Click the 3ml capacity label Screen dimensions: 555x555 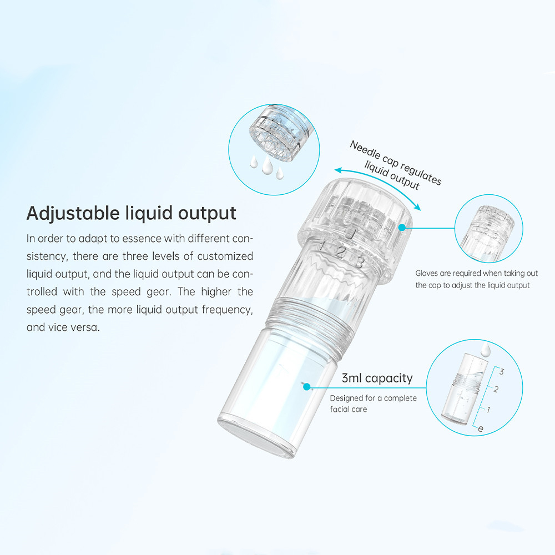[377, 379]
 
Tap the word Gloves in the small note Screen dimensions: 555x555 [427, 273]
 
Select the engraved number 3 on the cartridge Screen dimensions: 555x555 [359, 262]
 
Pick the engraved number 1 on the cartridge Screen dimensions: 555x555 [324, 245]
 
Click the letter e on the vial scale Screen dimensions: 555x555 [481, 428]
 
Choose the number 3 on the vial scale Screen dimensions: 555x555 [501, 371]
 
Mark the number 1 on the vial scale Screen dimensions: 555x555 [488, 410]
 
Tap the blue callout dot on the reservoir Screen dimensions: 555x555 [305, 385]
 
